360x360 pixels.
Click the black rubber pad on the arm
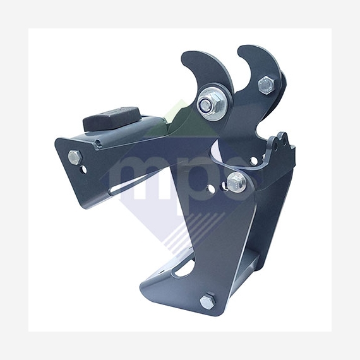(112, 119)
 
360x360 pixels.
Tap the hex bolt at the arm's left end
(75, 157)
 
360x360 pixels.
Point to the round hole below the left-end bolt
(83, 169)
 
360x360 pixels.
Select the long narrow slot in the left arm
(129, 185)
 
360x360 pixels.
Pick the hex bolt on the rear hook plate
(266, 85)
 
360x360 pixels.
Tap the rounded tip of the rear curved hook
(242, 49)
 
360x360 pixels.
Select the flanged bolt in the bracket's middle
(236, 183)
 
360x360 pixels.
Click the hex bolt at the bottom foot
(208, 301)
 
